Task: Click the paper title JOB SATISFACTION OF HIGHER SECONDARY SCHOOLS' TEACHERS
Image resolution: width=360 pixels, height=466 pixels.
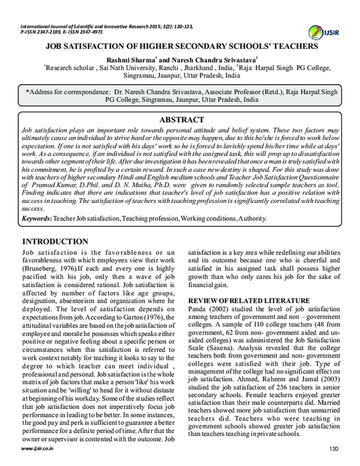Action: [180, 46]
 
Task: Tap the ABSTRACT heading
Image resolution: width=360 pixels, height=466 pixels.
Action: [180, 119]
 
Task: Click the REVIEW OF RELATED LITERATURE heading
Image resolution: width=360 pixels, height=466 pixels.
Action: [244, 300]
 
